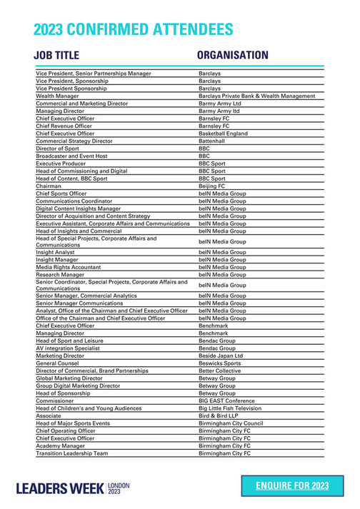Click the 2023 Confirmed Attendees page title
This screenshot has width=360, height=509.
[133, 29]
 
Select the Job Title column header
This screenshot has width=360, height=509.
[60, 56]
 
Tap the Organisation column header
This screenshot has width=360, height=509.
[232, 56]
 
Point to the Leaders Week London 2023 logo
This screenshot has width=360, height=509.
[74, 488]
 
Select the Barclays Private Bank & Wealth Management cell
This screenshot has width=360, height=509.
[256, 96]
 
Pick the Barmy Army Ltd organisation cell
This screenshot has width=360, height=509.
[220, 104]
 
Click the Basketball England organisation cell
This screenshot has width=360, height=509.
[223, 133]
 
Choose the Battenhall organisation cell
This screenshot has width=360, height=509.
[214, 141]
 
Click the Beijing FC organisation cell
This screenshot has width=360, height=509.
[212, 186]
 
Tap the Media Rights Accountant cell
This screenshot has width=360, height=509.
[69, 267]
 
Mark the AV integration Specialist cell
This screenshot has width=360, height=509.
[69, 348]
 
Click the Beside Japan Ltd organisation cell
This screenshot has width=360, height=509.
[221, 356]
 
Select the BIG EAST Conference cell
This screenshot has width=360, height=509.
[227, 400]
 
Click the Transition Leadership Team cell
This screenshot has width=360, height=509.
[71, 453]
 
